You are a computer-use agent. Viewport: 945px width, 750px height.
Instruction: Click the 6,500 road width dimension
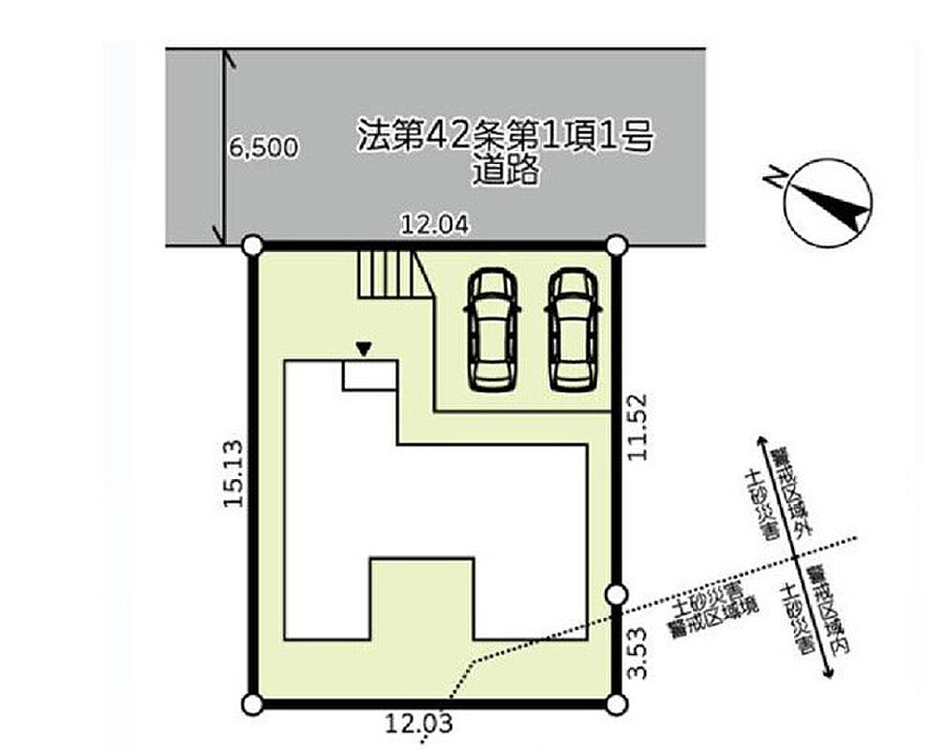tap(263, 147)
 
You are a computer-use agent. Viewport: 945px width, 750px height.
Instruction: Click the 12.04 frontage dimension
tap(435, 225)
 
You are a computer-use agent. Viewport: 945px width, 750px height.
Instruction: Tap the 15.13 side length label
tap(233, 473)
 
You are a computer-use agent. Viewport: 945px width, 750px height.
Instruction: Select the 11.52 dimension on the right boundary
tap(637, 427)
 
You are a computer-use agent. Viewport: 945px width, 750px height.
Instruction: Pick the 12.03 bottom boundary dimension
tap(419, 722)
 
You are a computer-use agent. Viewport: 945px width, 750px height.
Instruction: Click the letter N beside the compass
tap(775, 176)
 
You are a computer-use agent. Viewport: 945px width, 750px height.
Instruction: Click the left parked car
tap(492, 329)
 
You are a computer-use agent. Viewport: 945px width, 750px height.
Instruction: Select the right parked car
tap(573, 329)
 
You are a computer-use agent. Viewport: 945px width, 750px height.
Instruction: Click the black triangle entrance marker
tap(364, 349)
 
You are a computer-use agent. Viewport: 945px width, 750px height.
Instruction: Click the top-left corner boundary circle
tap(252, 246)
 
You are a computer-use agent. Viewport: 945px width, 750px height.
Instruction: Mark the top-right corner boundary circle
tap(616, 246)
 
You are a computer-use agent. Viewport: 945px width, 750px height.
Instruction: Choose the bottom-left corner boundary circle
tap(252, 704)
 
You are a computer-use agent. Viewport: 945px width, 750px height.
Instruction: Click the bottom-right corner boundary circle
tap(616, 704)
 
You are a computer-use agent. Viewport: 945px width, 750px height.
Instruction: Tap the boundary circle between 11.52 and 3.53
tap(616, 594)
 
